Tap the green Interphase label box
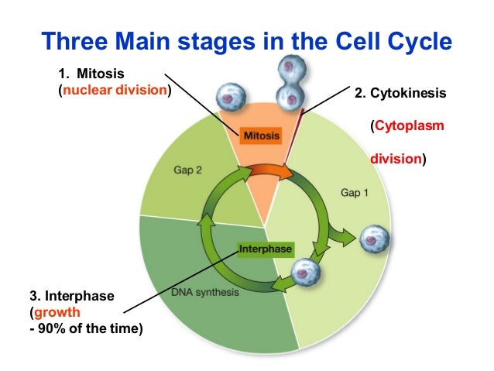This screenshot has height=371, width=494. click(265, 249)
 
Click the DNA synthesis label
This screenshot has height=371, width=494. click(205, 293)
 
